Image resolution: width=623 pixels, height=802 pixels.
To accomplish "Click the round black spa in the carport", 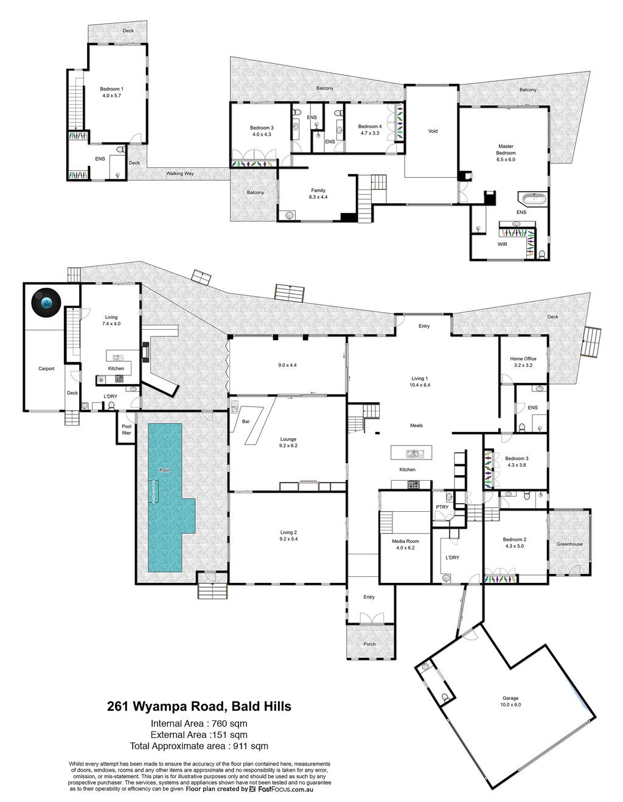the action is (46, 302).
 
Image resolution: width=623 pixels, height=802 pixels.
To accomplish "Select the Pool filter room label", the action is (127, 430).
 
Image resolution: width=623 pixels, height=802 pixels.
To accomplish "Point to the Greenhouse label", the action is (569, 544).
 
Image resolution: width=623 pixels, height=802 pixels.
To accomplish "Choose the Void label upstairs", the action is (433, 131).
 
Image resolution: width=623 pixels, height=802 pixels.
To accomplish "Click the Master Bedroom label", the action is (506, 150).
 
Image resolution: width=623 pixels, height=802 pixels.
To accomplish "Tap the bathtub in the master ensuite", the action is (532, 199).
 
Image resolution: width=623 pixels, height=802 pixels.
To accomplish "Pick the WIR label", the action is (502, 245).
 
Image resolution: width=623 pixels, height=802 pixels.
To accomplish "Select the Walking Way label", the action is (179, 173).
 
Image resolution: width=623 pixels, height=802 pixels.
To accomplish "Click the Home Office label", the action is (523, 358).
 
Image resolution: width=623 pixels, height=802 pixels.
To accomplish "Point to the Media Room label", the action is (405, 542).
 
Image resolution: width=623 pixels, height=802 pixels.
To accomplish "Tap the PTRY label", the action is (442, 507).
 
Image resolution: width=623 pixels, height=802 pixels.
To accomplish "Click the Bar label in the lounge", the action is (246, 422).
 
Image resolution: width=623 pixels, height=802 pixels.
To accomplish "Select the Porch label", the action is (369, 644).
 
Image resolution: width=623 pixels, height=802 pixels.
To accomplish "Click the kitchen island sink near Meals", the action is (412, 453).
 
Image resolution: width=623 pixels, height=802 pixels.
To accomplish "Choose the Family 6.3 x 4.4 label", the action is (318, 194).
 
